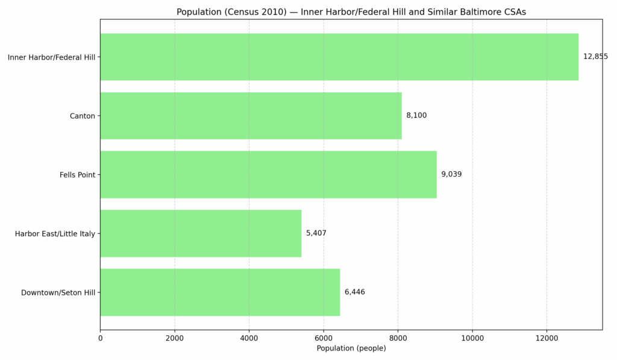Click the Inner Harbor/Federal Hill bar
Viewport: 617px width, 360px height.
(339, 57)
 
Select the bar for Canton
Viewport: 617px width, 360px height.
(251, 116)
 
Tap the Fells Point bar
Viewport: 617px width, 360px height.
(268, 174)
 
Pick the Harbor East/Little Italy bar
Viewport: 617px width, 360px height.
(201, 233)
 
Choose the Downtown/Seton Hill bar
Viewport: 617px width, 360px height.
(220, 292)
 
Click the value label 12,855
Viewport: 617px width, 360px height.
(595, 57)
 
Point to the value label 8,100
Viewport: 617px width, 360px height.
(416, 116)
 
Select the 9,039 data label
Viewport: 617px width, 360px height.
(451, 174)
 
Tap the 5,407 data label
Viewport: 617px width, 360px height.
(316, 233)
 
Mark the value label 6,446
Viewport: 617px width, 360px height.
(355, 292)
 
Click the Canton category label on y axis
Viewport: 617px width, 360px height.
(83, 116)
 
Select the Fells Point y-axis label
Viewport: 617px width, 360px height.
(77, 175)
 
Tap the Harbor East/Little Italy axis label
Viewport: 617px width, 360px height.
(55, 234)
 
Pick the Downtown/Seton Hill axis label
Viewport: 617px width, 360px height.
(58, 293)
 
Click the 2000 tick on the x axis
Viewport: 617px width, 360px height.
(175, 338)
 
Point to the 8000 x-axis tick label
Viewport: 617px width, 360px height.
(398, 338)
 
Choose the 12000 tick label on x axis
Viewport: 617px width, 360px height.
(547, 338)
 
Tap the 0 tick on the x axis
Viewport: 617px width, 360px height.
(100, 338)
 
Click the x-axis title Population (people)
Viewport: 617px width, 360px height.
(351, 349)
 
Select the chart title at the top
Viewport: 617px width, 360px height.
(351, 12)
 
